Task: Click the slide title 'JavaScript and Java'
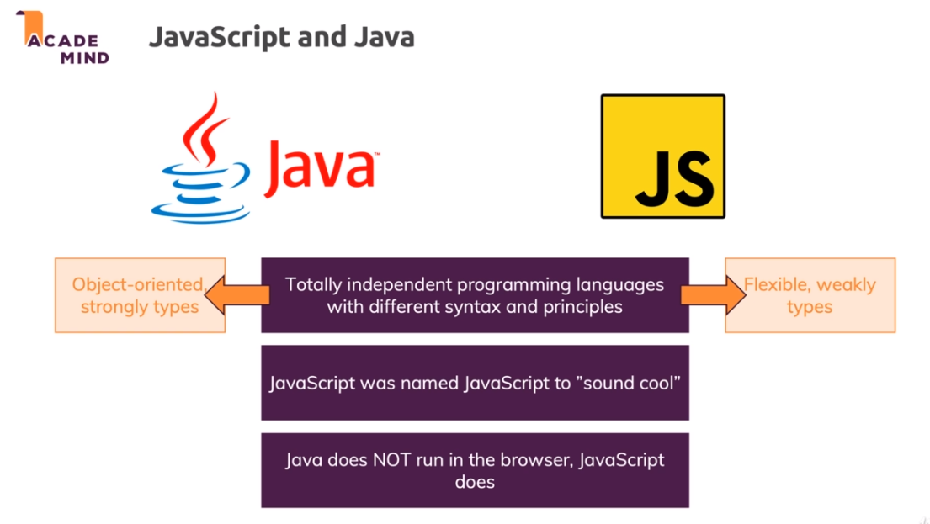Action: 281,37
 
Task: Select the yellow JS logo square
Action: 662,156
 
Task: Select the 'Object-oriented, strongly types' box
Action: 140,295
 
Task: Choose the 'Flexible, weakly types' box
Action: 810,295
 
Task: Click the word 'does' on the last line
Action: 475,482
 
